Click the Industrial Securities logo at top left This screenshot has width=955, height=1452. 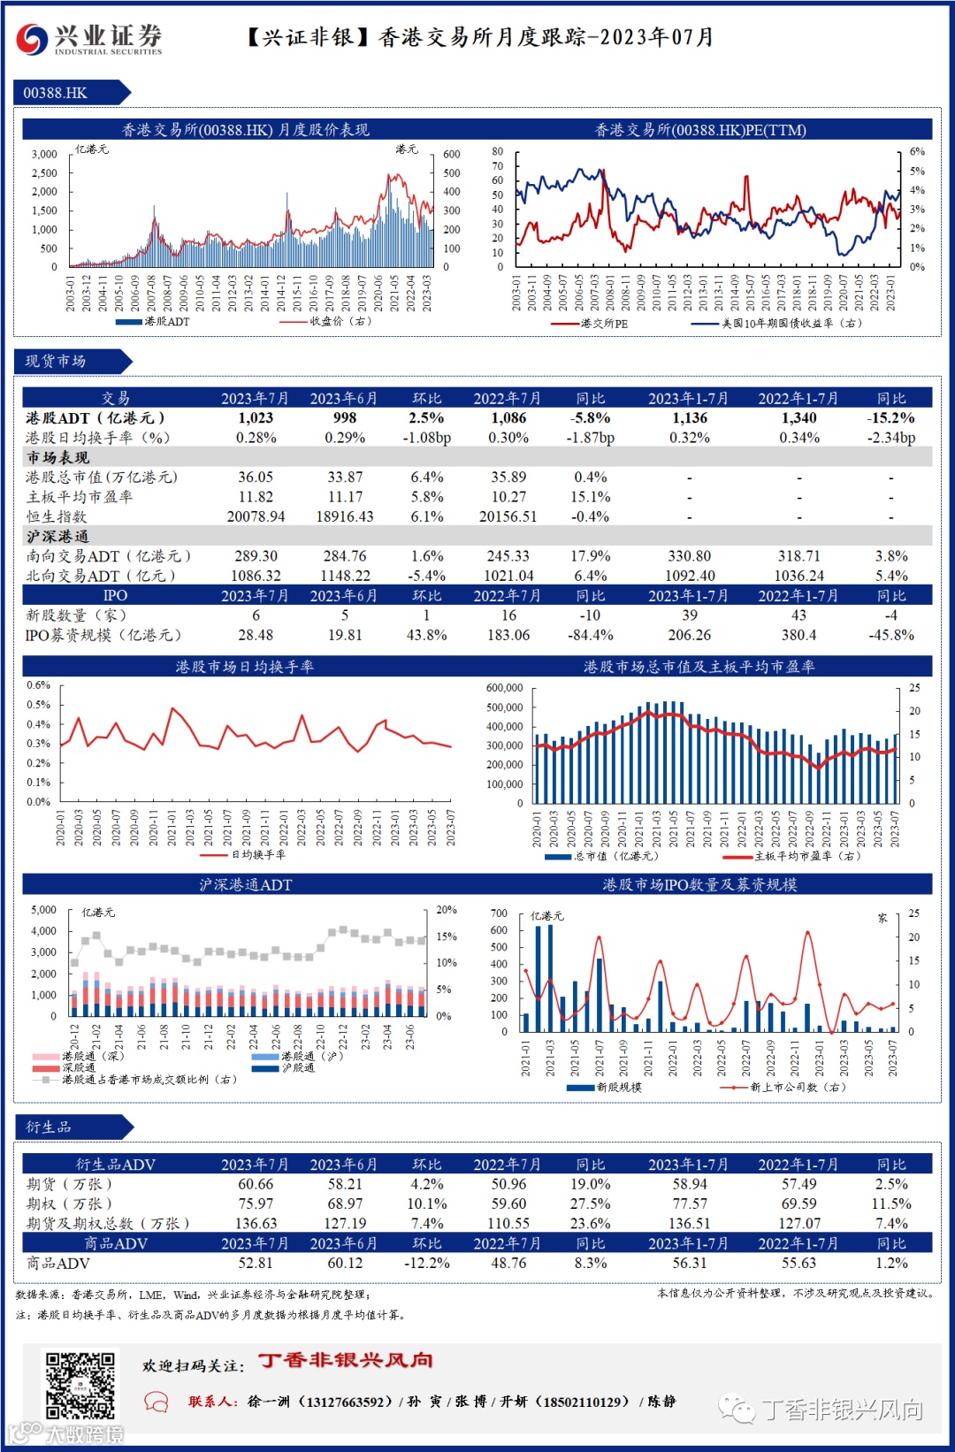pos(88,38)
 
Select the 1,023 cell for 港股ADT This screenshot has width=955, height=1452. pos(256,418)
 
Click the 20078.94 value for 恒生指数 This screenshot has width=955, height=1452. pos(256,516)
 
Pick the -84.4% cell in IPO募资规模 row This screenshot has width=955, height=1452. pos(590,635)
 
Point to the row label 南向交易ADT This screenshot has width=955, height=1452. pos(108,556)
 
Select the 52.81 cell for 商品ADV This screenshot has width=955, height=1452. pos(256,1263)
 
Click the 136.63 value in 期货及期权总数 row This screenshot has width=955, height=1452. pos(256,1223)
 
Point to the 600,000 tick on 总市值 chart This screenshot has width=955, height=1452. pos(505,688)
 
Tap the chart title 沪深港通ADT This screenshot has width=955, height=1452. pos(245,884)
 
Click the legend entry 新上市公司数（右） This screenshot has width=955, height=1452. pos(797,1087)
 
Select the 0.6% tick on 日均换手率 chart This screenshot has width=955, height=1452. pos(38,685)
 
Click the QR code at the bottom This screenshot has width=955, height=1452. pos(80,1385)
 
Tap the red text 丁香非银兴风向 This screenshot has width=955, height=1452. pos(346,1360)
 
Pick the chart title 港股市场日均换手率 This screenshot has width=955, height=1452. pos(245,667)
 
